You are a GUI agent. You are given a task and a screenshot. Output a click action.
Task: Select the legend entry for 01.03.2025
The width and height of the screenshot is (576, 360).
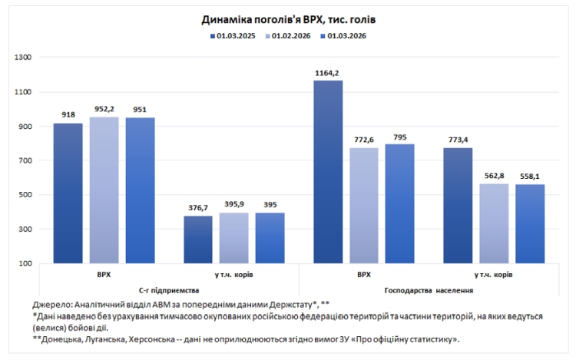(233, 35)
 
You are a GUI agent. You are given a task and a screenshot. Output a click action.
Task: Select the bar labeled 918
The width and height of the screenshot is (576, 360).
(68, 193)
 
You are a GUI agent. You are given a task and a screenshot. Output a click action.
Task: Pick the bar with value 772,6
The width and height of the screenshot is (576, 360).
(364, 205)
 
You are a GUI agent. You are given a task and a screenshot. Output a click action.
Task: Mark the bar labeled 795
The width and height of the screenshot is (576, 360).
(400, 203)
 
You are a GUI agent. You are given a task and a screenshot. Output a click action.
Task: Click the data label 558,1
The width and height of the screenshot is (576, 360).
(530, 177)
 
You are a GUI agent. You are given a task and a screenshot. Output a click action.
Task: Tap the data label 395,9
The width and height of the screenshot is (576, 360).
(233, 205)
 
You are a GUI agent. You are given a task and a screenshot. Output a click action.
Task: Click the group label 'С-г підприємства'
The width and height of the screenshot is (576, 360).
(169, 291)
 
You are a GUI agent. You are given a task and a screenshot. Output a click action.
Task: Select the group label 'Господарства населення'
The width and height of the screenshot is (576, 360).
(429, 291)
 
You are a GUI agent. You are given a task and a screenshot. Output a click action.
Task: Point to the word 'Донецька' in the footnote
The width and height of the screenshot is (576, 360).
(63, 339)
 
